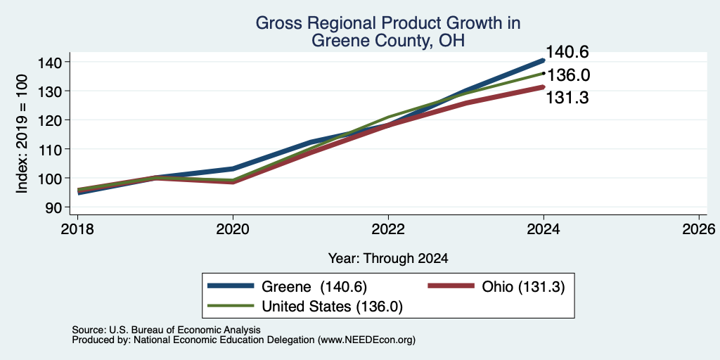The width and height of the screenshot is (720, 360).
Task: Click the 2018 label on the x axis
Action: (77, 229)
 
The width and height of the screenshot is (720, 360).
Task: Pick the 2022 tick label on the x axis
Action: (388, 229)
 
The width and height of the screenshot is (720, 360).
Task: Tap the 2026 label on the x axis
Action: (699, 229)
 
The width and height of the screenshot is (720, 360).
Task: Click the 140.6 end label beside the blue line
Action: (567, 52)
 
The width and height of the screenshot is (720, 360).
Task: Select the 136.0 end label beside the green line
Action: (567, 75)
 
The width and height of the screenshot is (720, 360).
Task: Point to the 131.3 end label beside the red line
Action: (567, 97)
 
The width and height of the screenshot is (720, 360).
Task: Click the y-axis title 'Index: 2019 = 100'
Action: (22, 134)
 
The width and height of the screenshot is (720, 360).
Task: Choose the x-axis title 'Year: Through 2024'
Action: (388, 259)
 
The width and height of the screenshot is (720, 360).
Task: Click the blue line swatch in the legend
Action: (231, 285)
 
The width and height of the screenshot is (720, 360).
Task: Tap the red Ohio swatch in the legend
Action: (451, 285)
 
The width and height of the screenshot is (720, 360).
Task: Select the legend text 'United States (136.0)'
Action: (332, 307)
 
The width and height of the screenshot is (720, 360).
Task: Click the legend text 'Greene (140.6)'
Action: (314, 287)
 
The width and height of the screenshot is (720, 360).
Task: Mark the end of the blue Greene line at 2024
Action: (544, 60)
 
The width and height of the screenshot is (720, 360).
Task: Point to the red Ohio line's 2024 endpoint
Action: (544, 86)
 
